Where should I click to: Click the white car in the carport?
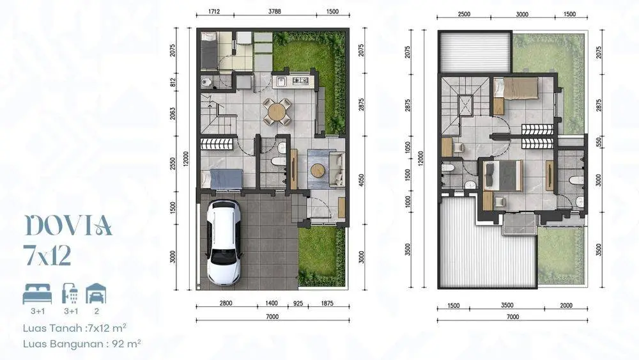[x=223, y=242]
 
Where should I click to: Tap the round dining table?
[x=277, y=111]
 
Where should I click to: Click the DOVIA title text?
[x=68, y=226]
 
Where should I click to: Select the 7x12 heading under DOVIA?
[x=48, y=256]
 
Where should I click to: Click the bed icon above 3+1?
[x=37, y=294]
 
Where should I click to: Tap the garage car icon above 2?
[x=96, y=294]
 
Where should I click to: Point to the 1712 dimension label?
[x=214, y=12]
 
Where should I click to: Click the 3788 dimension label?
[x=275, y=12]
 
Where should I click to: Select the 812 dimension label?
[x=173, y=82]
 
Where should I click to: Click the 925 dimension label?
[x=298, y=303]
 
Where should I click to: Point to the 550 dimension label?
[x=599, y=142]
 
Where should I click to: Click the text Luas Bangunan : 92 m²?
[x=82, y=343]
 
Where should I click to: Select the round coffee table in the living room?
[x=318, y=170]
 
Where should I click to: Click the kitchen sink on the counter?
[x=281, y=82]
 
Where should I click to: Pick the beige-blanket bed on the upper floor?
[x=516, y=88]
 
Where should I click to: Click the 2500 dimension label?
[x=464, y=14]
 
